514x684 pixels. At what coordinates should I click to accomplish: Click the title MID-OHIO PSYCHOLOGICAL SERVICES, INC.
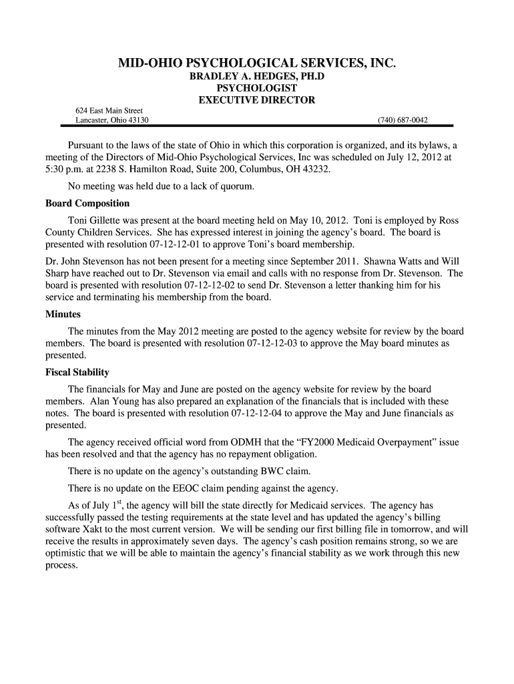point(257,64)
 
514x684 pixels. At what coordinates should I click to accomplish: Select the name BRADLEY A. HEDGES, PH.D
point(257,77)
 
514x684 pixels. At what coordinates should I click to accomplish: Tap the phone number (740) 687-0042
point(403,120)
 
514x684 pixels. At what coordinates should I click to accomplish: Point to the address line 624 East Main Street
point(109,110)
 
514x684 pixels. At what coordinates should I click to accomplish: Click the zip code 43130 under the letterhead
point(138,120)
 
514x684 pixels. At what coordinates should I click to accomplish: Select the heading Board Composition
point(87,203)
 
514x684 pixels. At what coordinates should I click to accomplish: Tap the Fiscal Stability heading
point(77,372)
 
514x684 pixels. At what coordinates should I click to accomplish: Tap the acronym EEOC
point(188,486)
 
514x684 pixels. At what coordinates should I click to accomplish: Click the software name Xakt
point(91,528)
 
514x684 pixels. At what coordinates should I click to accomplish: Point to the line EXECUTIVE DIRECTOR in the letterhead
point(257,100)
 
